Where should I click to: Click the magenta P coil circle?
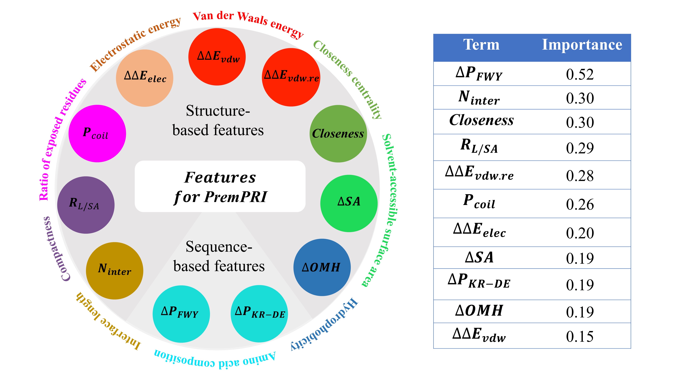pyautogui.click(x=97, y=133)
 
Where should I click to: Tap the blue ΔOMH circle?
pyautogui.click(x=322, y=267)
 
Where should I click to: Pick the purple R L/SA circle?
pyautogui.click(x=86, y=205)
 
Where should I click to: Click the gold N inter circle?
pyautogui.click(x=115, y=271)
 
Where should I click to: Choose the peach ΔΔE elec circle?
pyautogui.click(x=145, y=78)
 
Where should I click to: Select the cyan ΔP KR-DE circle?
pyautogui.click(x=259, y=314)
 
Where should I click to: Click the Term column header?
pyautogui.click(x=481, y=45)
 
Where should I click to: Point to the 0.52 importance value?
pyautogui.click(x=580, y=74)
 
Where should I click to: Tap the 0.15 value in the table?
pyautogui.click(x=580, y=337)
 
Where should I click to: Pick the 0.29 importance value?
pyautogui.click(x=580, y=148)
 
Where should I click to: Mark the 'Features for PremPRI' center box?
pyautogui.click(x=220, y=187)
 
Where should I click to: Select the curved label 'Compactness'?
pyautogui.click(x=55, y=249)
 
